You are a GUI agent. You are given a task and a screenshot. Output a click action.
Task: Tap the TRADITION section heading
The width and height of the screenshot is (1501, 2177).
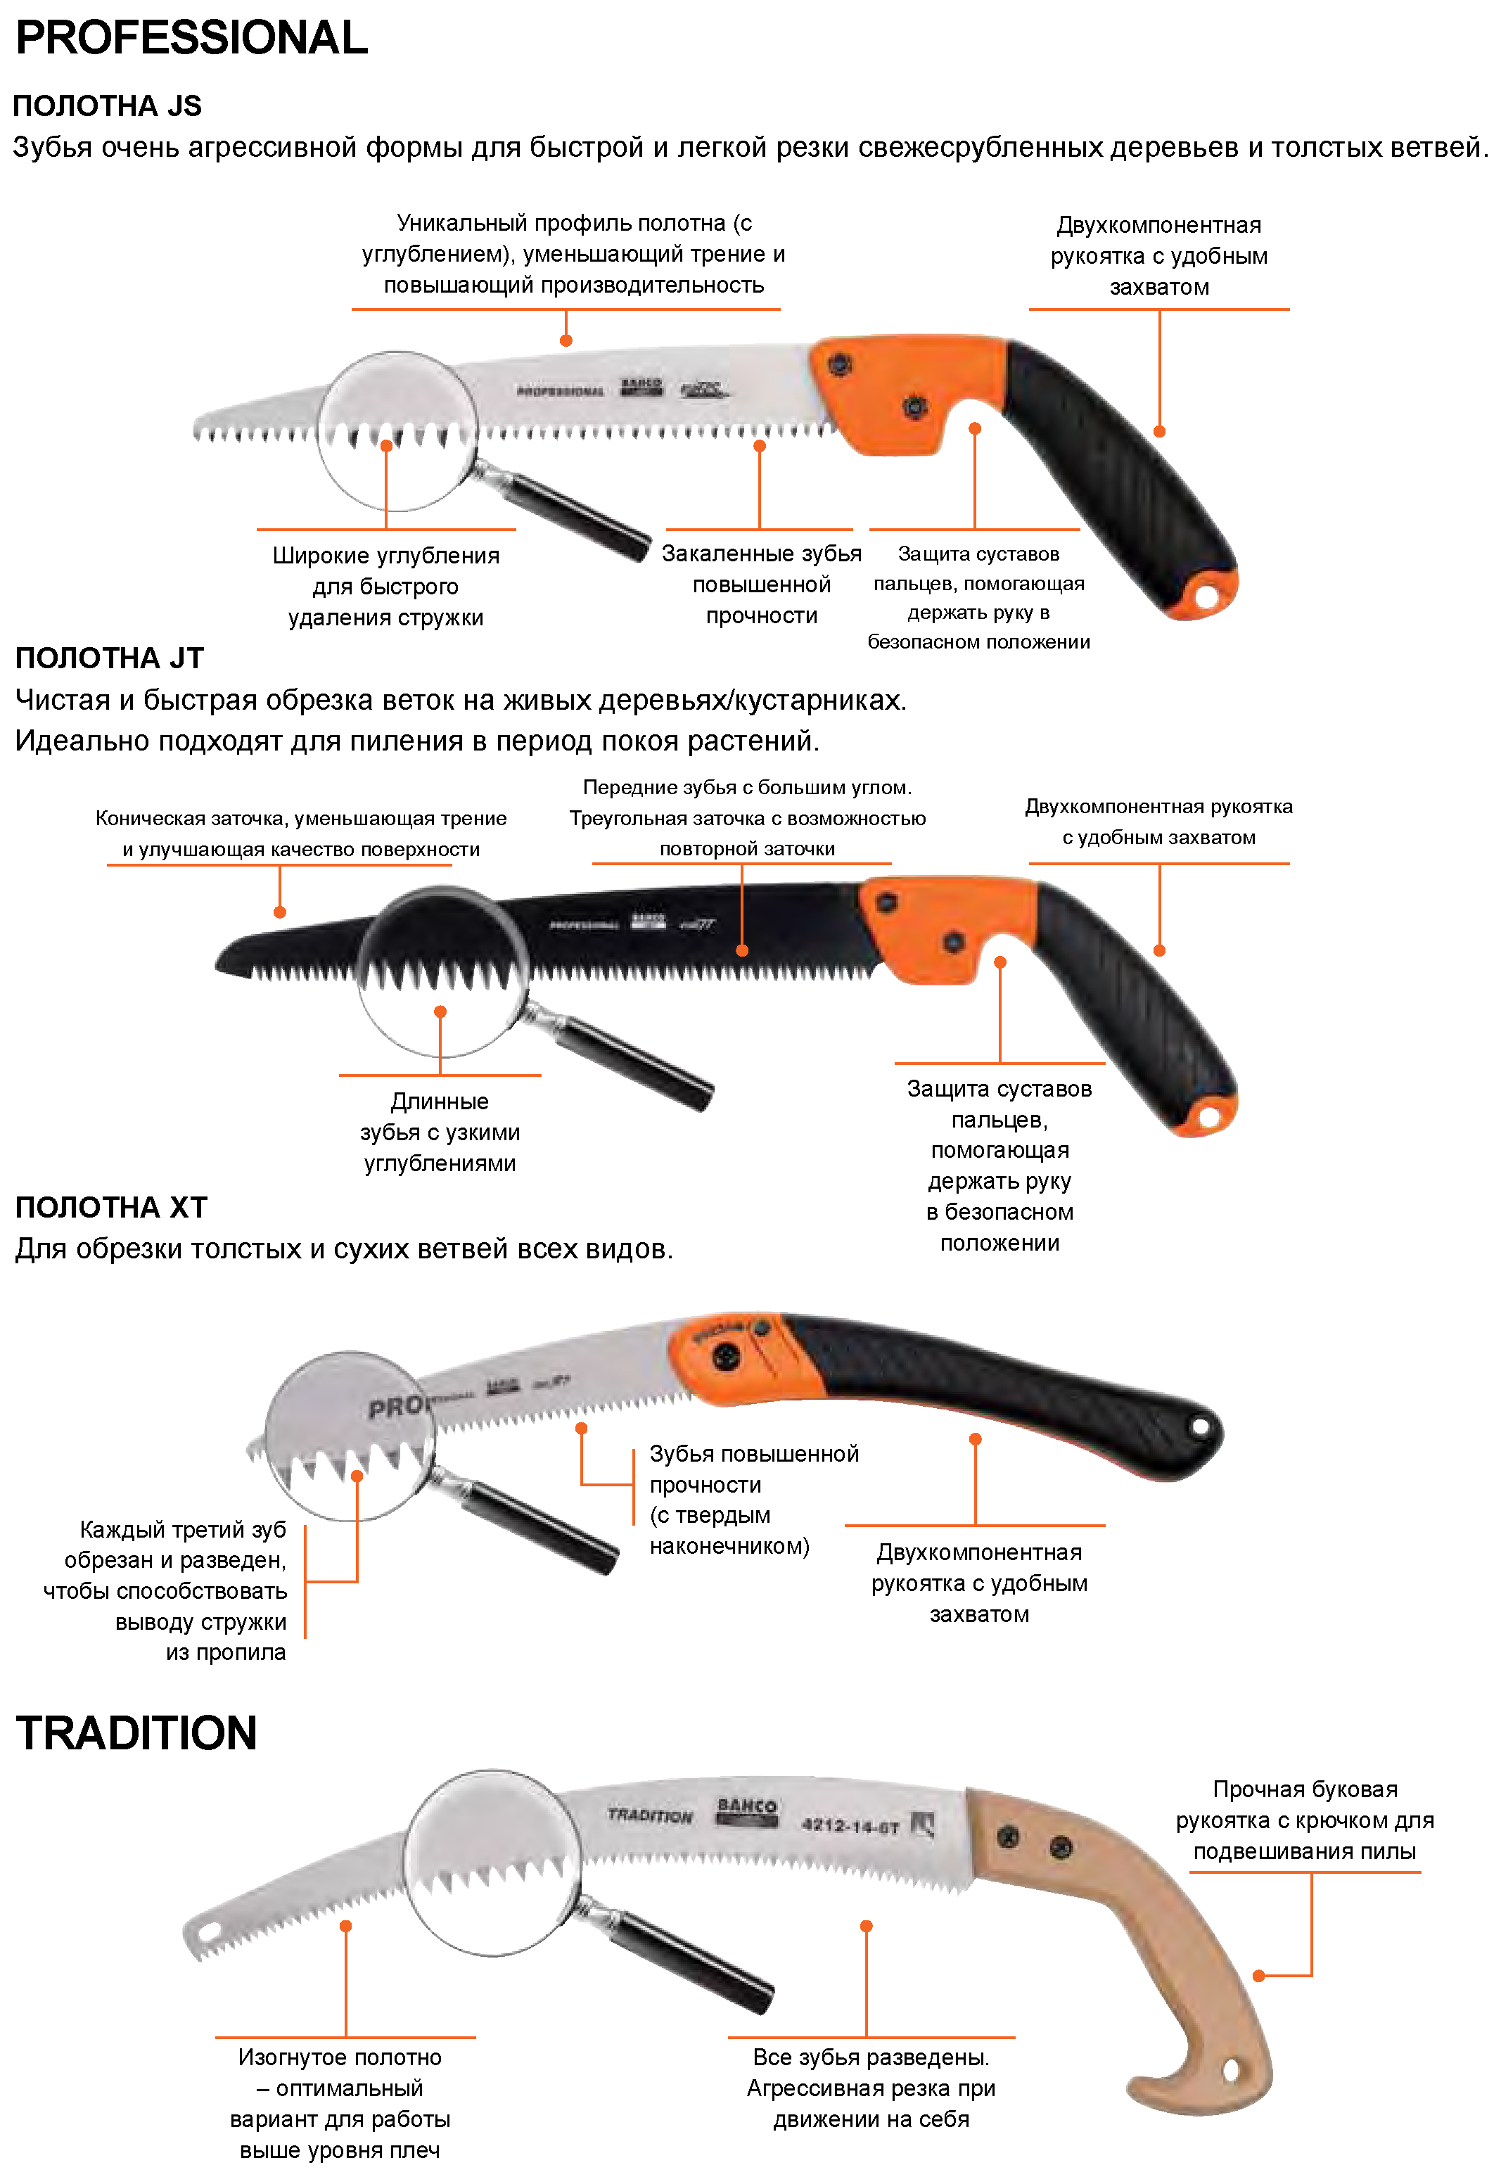pyautogui.click(x=136, y=1732)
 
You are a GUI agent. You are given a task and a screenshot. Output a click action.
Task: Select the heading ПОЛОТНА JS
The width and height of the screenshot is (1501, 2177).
pyautogui.click(x=107, y=106)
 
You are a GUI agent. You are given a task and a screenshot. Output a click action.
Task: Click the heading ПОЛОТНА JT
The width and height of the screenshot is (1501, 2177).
pyautogui.click(x=109, y=658)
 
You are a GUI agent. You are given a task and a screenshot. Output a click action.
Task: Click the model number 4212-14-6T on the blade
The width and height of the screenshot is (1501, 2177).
pyautogui.click(x=851, y=1825)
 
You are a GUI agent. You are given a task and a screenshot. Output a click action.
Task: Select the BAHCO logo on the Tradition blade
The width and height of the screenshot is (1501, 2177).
pyautogui.click(x=747, y=1811)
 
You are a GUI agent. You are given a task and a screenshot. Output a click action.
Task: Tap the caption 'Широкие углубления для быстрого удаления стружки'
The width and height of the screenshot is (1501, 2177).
pyautogui.click(x=385, y=586)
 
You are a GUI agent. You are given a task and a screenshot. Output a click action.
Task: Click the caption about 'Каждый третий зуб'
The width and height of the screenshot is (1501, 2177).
pyautogui.click(x=165, y=1590)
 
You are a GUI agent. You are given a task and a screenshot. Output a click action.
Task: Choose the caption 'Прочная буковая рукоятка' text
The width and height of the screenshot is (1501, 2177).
pyautogui.click(x=1305, y=1820)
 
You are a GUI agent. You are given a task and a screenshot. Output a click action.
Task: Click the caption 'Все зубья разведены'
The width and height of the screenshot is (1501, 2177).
pyautogui.click(x=871, y=2088)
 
